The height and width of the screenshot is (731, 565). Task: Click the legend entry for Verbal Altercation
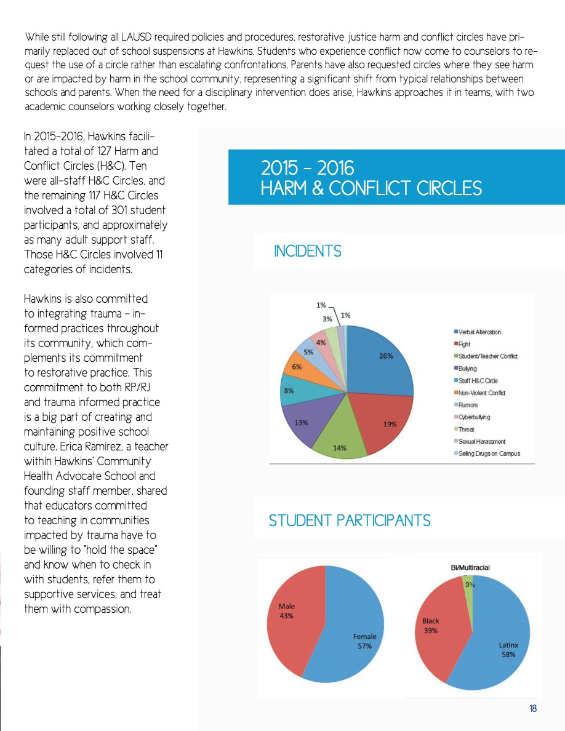click(x=480, y=332)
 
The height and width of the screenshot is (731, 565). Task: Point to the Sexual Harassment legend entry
click(x=481, y=441)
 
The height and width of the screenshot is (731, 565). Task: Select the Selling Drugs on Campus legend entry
click(x=489, y=453)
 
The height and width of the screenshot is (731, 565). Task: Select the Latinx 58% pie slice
click(x=502, y=646)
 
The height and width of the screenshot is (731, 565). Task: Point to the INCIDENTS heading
click(x=307, y=252)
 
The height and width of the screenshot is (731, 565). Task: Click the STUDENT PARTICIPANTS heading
click(x=349, y=521)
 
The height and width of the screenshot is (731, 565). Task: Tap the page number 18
click(x=532, y=709)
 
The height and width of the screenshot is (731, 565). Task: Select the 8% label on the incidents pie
click(x=289, y=390)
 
